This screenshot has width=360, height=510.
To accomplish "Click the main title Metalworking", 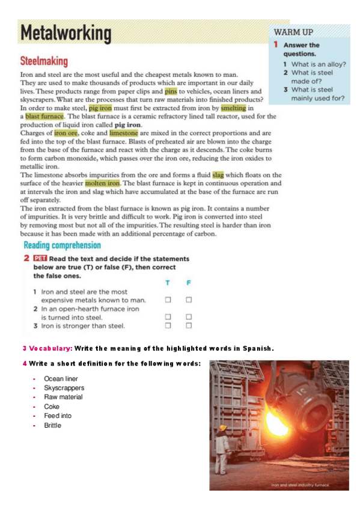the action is (66, 34).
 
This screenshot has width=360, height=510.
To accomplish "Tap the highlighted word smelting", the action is (233, 108).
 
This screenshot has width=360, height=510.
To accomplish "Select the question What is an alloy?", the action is (317, 64).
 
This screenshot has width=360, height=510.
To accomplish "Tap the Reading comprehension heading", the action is (62, 245).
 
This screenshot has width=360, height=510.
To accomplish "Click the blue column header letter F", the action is (188, 283).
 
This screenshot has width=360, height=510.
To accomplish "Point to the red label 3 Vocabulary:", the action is (47, 348).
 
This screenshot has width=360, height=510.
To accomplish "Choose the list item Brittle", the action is (53, 425).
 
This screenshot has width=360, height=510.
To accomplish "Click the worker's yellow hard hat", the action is (223, 428).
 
